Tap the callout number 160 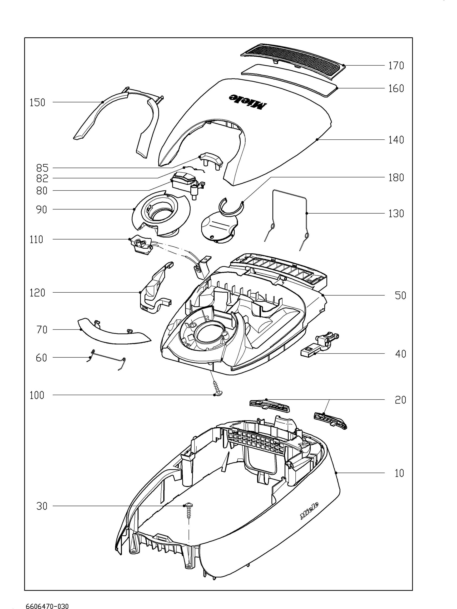396,88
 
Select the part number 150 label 37,103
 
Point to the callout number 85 42,168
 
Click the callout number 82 42,178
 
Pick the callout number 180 396,177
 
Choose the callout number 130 396,213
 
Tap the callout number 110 37,240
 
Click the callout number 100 37,395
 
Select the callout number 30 42,506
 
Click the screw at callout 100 216,388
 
